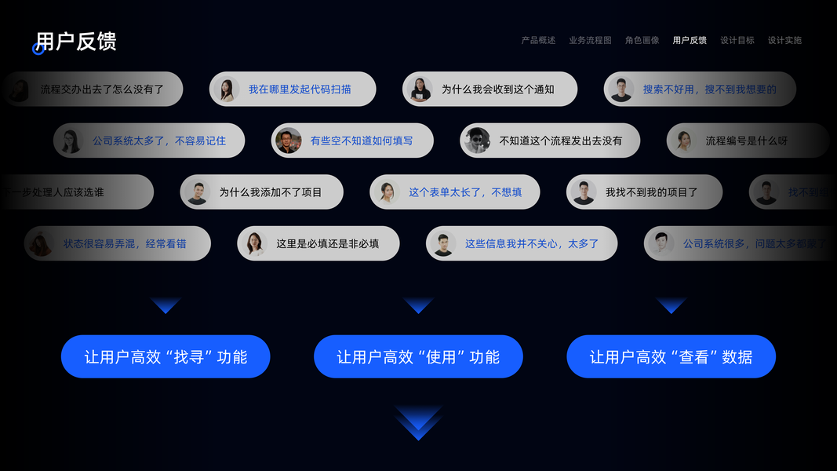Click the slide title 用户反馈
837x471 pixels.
tap(76, 42)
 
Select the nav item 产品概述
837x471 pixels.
tap(538, 40)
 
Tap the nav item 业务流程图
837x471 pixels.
tap(590, 40)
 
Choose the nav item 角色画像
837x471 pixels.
tap(642, 40)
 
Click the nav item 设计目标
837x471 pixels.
tap(737, 40)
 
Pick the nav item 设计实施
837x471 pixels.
tap(784, 40)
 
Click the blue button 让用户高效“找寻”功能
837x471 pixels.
tap(166, 357)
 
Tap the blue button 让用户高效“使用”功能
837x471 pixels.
tap(418, 357)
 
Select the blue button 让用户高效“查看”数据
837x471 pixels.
tap(671, 357)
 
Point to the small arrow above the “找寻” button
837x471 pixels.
tap(166, 305)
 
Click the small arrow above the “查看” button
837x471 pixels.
tap(671, 305)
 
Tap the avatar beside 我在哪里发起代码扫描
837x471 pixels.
tap(227, 89)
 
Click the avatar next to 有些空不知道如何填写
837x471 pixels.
tap(289, 141)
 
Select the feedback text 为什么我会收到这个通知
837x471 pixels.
tap(497, 89)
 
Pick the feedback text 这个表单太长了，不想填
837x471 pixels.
tap(465, 192)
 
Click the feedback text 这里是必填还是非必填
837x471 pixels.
tap(327, 244)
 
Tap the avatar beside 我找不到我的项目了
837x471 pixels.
tap(584, 192)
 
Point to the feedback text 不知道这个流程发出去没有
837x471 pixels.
tap(560, 141)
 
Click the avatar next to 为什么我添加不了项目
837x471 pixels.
tap(197, 192)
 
